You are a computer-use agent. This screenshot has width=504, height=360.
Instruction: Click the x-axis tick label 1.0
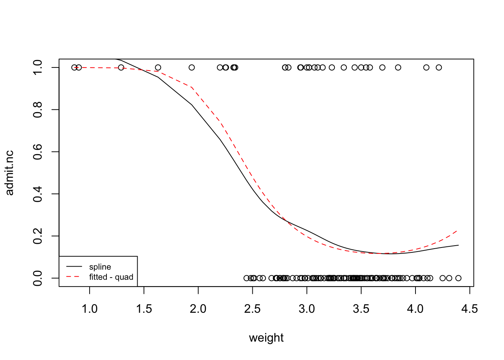90,309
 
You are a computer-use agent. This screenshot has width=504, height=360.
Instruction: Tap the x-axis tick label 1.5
144,309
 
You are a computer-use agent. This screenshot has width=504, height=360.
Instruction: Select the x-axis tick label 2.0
198,309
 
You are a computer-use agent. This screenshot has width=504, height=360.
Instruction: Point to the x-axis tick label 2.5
252,309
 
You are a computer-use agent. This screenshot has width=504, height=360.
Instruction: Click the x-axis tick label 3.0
307,309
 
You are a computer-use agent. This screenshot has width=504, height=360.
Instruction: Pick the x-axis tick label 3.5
361,309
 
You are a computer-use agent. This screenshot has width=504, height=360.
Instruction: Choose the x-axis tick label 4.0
415,309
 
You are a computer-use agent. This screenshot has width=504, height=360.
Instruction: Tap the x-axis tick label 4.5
469,309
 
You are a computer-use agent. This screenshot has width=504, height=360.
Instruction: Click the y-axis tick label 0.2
38,236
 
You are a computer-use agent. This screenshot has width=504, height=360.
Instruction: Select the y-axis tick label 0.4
38,194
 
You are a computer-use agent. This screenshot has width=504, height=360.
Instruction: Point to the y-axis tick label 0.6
38,152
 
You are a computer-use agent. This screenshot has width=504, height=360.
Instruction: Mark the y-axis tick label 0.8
38,109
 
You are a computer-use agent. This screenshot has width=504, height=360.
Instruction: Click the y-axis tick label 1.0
38,67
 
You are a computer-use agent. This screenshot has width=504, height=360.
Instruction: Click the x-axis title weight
266,338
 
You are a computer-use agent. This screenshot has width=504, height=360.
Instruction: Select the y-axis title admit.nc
10,173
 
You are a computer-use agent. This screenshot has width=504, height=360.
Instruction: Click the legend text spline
100,267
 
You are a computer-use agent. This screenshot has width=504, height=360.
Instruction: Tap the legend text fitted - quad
111,277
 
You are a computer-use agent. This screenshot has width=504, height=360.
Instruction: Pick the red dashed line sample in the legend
74,277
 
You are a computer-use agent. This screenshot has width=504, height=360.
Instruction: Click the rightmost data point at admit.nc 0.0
458,278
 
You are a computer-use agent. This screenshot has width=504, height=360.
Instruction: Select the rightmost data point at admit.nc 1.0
439,67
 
